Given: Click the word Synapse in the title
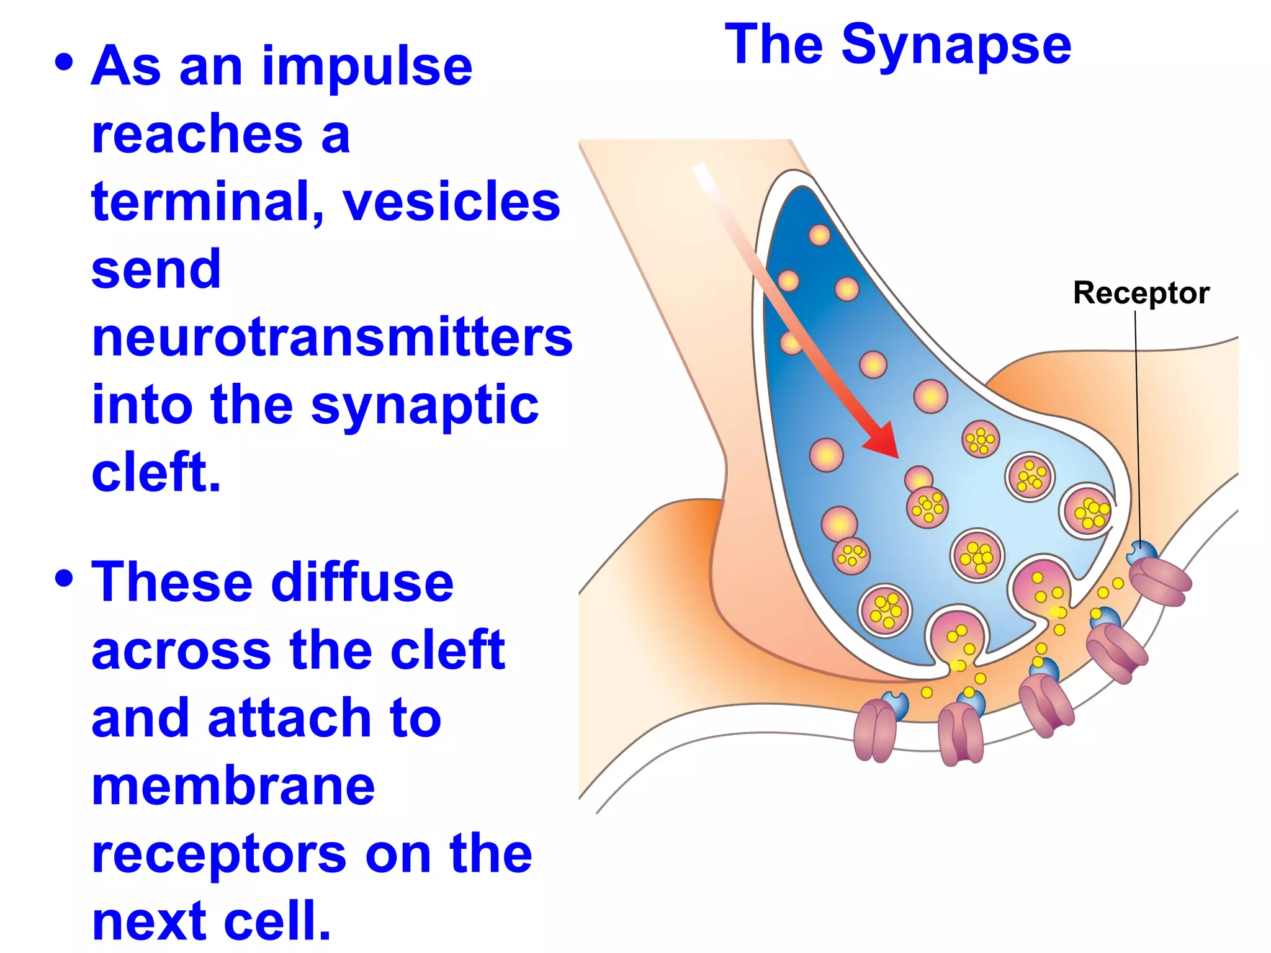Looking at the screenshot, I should (956, 45).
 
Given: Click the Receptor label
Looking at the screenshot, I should (1141, 293).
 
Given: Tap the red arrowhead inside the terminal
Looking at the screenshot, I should (884, 442).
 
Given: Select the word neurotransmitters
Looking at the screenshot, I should (332, 338).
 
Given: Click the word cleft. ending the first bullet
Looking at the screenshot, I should (156, 473).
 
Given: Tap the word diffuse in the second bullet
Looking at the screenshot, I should (362, 583).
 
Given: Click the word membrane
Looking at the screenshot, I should (233, 787).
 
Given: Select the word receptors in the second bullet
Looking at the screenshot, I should (219, 854).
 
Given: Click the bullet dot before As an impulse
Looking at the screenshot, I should (64, 62).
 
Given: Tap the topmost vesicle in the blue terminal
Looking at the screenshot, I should (819, 235).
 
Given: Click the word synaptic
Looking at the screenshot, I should (424, 406).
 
